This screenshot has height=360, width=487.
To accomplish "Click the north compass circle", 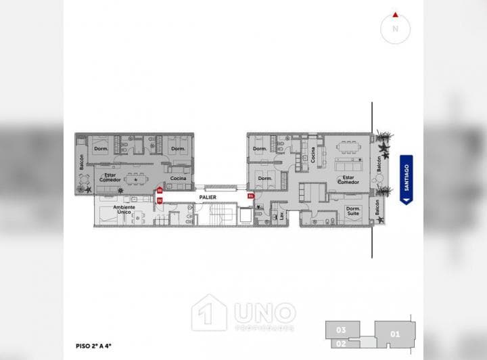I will [x=396, y=28].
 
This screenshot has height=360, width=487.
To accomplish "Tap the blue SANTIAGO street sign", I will [x=407, y=179].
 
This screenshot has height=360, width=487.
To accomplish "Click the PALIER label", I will [x=208, y=197].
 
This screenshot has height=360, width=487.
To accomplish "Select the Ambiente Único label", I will [x=123, y=210].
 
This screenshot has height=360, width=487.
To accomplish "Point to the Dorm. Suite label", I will [x=352, y=211].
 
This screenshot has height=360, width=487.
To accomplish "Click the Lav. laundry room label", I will [x=275, y=215].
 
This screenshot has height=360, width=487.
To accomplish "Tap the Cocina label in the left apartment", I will [x=179, y=179].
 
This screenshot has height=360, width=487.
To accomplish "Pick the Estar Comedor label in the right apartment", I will [x=348, y=179].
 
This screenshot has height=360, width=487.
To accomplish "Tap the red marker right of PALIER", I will [x=250, y=196].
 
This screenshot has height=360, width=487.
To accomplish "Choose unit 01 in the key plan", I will [x=396, y=334].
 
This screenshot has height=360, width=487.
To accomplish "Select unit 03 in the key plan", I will [x=341, y=330].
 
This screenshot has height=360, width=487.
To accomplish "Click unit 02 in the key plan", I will [x=341, y=343].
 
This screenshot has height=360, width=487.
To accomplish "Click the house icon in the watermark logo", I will [x=208, y=313].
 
